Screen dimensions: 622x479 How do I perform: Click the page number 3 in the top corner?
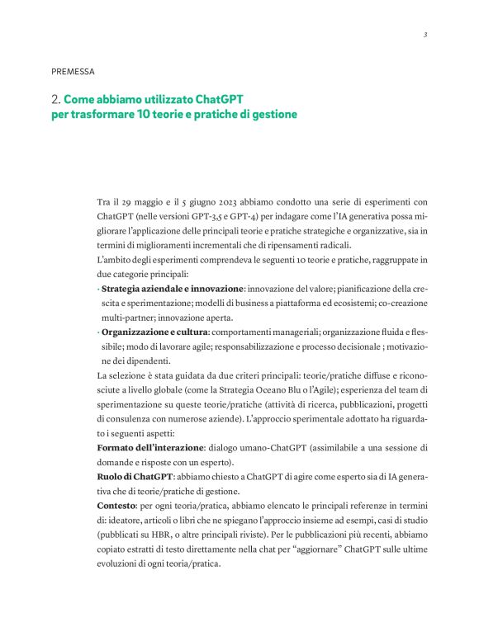[x=424, y=35]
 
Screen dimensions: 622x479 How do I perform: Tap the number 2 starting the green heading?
[x=54, y=99]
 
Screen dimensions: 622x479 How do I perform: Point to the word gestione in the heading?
[x=272, y=114]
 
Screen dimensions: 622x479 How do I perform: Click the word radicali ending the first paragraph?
[x=331, y=245]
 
